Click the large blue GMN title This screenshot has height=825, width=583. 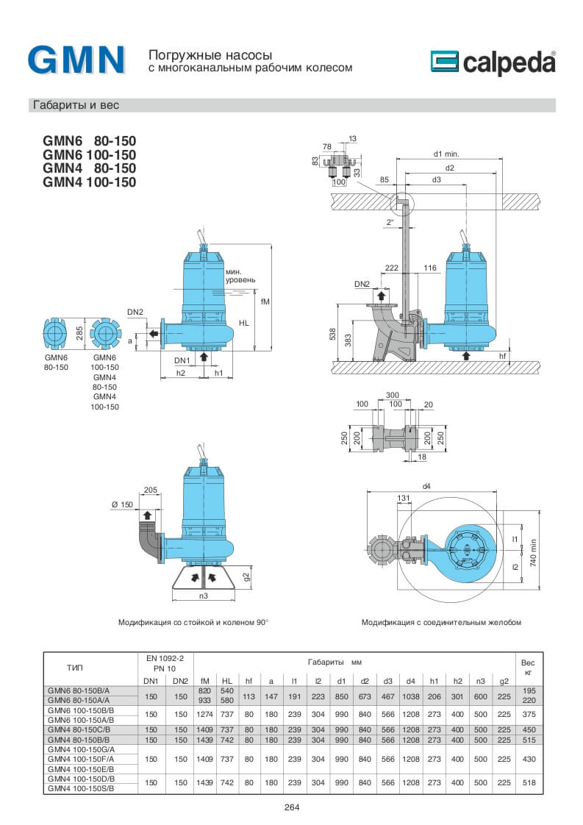tap(76, 60)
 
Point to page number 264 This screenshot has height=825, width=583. tap(292, 807)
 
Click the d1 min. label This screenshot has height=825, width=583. tap(446, 154)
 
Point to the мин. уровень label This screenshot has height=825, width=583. tap(240, 276)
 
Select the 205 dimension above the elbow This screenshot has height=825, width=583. tap(150, 490)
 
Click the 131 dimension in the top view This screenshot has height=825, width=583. tap(404, 498)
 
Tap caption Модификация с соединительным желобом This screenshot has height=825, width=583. tap(441, 622)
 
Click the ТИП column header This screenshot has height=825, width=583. tap(75, 668)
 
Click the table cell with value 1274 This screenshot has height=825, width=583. tap(205, 712)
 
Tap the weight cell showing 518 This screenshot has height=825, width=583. tap(528, 783)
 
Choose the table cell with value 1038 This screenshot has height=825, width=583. tap(411, 696)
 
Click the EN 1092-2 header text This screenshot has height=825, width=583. tap(165, 658)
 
